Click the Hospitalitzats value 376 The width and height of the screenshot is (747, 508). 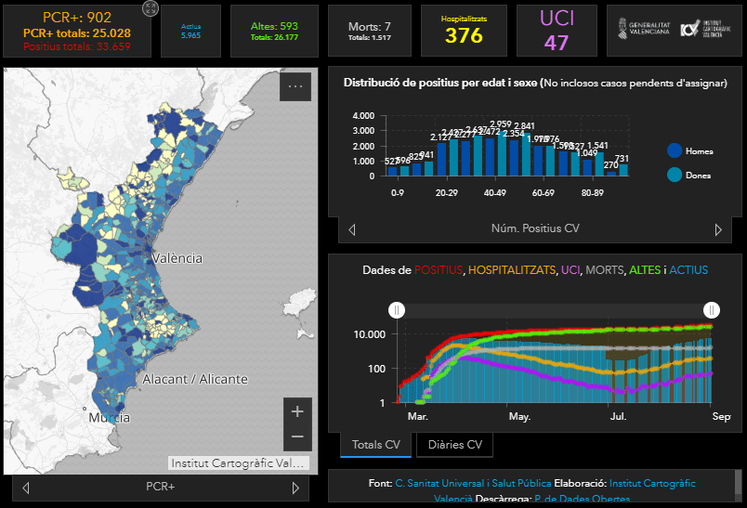pos(464,35)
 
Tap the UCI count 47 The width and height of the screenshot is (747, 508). pos(557,43)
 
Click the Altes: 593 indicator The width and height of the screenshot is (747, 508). pos(274,26)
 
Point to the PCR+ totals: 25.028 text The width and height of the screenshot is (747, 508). pos(77,33)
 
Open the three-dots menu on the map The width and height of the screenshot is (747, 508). pos(295,86)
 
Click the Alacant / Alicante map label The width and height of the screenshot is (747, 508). pos(195,379)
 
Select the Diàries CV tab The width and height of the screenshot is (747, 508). pos(454,445)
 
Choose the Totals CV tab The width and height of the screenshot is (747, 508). pos(375,445)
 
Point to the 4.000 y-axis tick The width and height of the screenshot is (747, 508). pos(362,116)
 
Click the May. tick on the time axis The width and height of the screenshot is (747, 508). pos(519,417)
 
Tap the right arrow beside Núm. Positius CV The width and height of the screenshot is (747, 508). pos(718,229)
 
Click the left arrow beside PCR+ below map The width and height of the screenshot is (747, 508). pos(26,488)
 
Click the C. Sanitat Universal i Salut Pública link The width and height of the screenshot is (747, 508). pos(472,483)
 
